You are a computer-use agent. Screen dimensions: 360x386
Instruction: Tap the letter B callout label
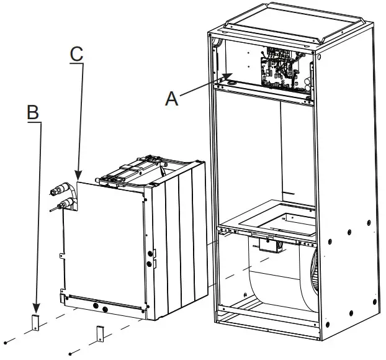click(33, 112)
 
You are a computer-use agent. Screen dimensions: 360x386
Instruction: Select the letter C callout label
click(76, 53)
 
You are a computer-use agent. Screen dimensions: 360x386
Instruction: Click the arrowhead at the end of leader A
click(228, 78)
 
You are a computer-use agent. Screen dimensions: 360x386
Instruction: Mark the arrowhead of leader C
click(78, 178)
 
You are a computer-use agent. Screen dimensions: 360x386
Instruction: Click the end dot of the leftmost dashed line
click(5, 342)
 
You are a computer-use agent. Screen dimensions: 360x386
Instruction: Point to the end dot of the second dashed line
click(70, 354)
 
